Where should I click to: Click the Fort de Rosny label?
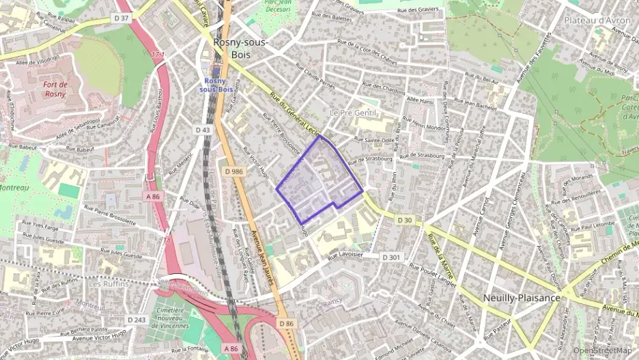click(55, 89)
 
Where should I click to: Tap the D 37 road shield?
click(121, 18)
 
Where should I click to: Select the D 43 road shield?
click(202, 130)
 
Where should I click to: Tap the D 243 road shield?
click(137, 320)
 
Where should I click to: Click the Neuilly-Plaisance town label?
click(522, 298)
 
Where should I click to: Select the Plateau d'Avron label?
click(597, 20)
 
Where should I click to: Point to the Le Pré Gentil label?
click(353, 112)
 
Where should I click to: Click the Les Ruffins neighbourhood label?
click(108, 283)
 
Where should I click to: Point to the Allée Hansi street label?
click(420, 100)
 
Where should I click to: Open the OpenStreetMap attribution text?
click(603, 350)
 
